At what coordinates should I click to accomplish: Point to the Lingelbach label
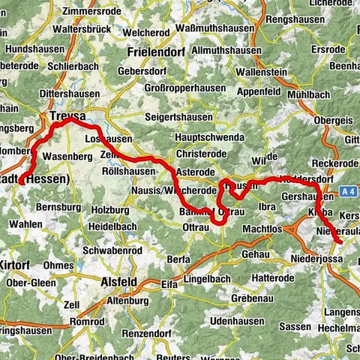(x=210, y=278)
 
